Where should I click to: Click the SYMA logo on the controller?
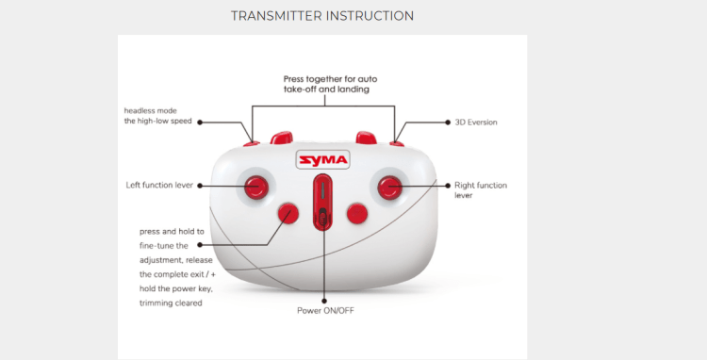tap(322, 160)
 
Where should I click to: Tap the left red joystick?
tap(256, 187)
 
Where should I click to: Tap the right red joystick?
tap(389, 187)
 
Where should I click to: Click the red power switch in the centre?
tap(322, 203)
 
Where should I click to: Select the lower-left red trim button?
tap(288, 213)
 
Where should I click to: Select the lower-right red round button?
tap(357, 214)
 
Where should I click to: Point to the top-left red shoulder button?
tap(281, 138)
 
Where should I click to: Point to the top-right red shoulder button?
tap(366, 138)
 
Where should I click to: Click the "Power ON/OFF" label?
tap(325, 310)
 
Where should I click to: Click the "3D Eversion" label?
tap(476, 123)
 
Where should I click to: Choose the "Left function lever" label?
tap(159, 185)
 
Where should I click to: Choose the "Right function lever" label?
tap(481, 190)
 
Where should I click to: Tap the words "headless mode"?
tap(151, 111)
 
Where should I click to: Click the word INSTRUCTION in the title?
tap(370, 16)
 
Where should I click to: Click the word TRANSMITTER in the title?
tap(276, 16)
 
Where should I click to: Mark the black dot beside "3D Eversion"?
tap(448, 123)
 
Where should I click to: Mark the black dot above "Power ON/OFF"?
tap(324, 301)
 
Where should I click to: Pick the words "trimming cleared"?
tap(171, 303)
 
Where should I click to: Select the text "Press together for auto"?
tap(331, 79)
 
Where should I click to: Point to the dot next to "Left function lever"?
tap(200, 186)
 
